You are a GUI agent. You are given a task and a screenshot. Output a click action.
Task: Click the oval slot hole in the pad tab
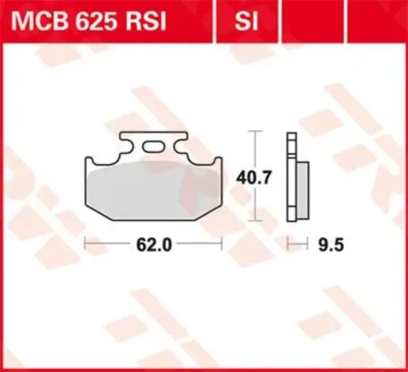click(x=154, y=147)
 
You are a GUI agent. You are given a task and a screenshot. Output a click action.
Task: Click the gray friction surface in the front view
click(x=154, y=193)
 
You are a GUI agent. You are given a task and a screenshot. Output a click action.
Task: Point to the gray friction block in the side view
click(x=302, y=189)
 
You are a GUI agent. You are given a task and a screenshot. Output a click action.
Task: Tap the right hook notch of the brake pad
click(x=213, y=161)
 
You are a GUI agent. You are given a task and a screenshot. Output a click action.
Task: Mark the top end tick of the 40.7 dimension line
click(x=255, y=131)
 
